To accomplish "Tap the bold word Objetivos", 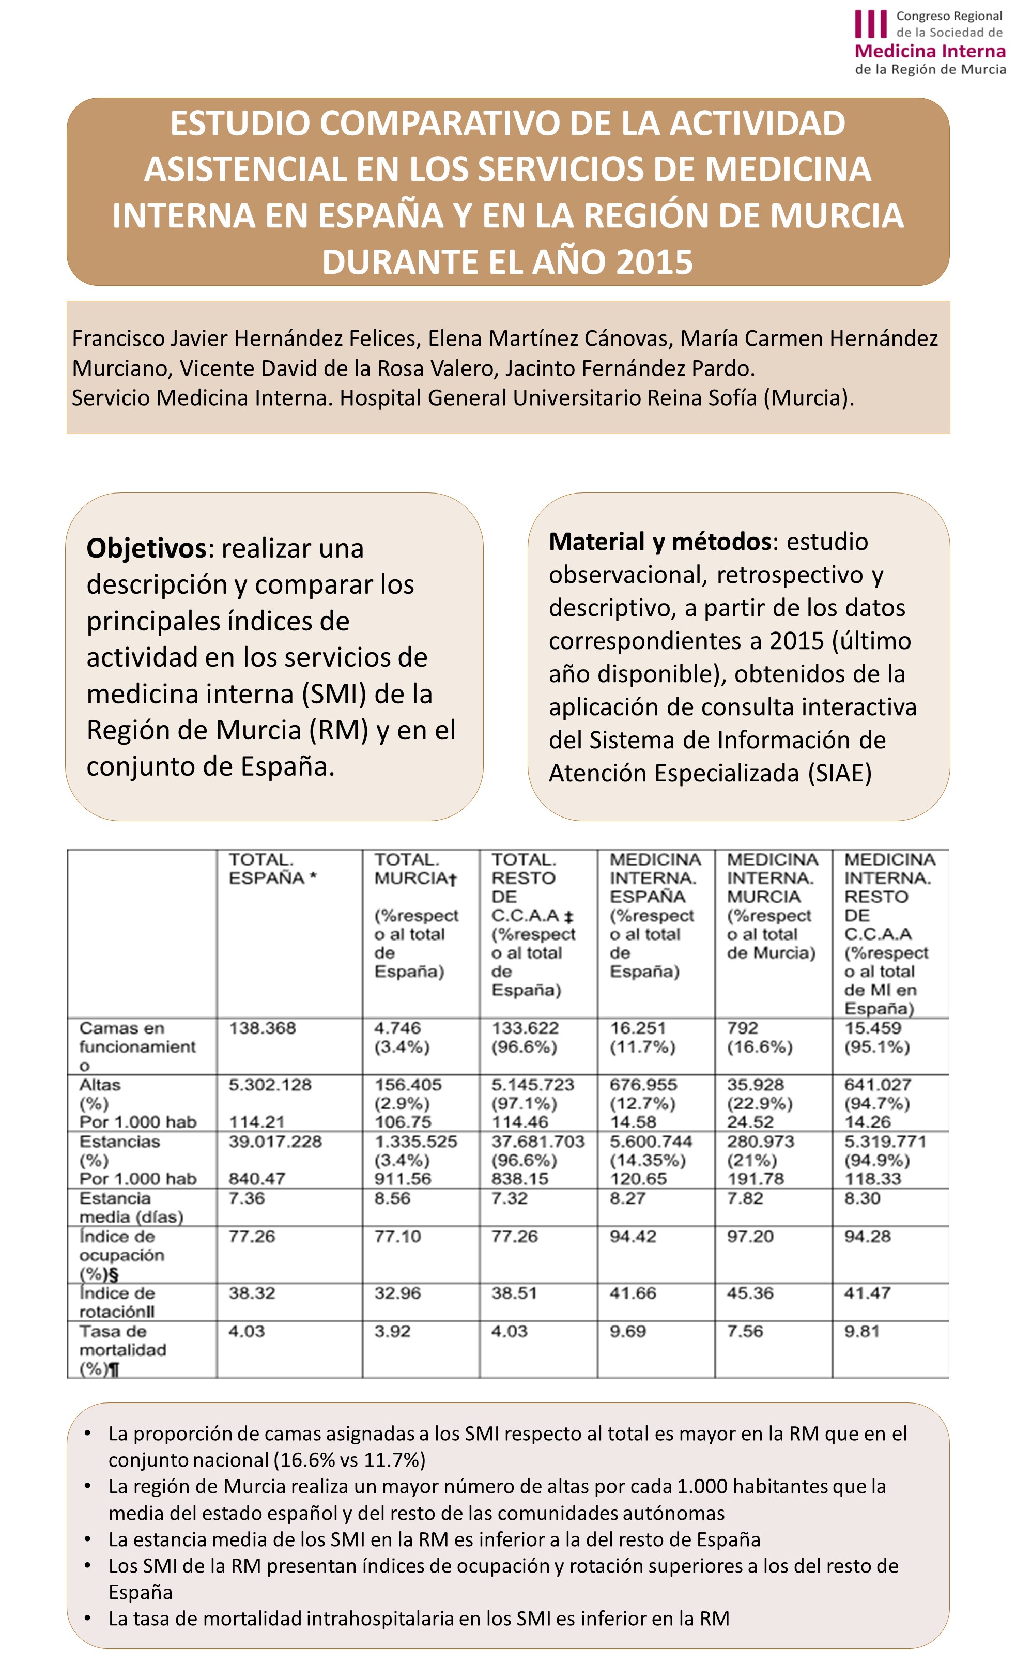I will (x=146, y=548).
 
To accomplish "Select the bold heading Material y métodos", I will (x=659, y=542).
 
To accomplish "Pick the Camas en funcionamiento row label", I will (x=137, y=1046).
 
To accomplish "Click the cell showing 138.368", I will (x=262, y=1028).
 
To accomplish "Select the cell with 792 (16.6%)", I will (x=759, y=1037).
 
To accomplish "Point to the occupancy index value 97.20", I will (x=749, y=1236).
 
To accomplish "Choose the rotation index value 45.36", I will (x=749, y=1293).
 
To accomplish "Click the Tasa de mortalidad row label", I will (x=123, y=1349).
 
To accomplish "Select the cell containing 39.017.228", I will (x=275, y=1142).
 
